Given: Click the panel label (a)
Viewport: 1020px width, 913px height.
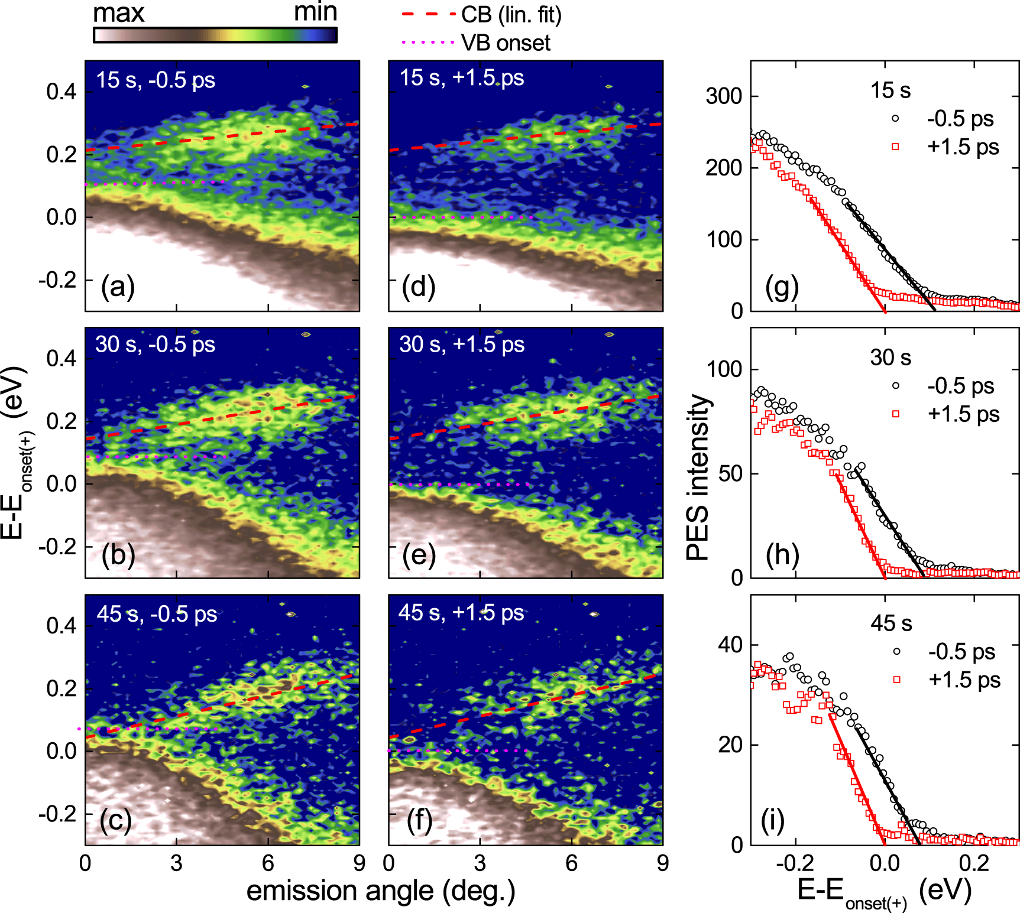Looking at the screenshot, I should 118,287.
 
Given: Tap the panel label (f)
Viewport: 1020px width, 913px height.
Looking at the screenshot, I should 419,821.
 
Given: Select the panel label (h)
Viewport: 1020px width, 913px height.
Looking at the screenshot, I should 782,555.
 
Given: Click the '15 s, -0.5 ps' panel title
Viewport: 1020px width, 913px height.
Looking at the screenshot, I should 156,80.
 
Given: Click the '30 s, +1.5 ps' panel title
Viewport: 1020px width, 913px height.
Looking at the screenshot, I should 462,345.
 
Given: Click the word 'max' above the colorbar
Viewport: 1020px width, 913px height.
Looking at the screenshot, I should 119,13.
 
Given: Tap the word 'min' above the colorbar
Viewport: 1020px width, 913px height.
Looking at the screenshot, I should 315,12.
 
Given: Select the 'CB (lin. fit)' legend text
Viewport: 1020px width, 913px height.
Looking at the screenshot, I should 511,15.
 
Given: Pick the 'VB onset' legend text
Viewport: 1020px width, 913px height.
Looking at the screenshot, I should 506,43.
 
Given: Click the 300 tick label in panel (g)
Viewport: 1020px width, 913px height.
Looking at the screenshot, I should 724,96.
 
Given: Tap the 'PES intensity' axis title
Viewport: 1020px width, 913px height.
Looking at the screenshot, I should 698,477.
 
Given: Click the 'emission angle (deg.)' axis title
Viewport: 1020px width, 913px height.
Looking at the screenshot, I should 380,891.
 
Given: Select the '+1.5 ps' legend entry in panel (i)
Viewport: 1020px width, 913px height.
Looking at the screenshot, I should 964,680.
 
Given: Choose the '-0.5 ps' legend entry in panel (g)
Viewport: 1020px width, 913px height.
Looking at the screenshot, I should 960,119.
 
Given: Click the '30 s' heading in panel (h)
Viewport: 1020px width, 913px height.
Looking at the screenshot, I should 890,358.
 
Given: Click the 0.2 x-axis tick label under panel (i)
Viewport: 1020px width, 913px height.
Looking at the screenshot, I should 973,863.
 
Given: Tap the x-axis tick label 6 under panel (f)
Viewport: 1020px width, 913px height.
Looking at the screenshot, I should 571,863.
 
